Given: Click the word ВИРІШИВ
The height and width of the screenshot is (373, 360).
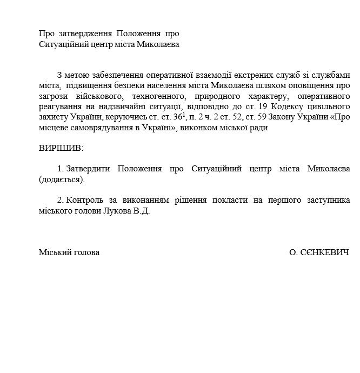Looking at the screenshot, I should coord(62,148).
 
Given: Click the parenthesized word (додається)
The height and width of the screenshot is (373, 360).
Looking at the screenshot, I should coord(62,179).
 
